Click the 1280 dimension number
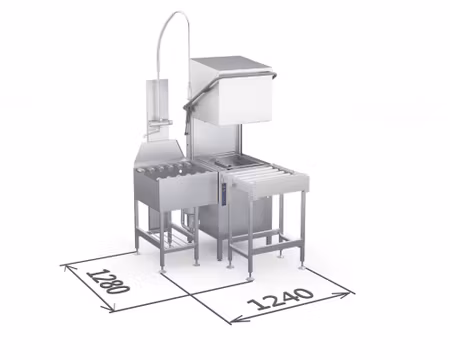click(107, 281)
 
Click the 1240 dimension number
click(281, 299)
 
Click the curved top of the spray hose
click(173, 20)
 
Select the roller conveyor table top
click(268, 177)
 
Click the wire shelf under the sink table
click(168, 240)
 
